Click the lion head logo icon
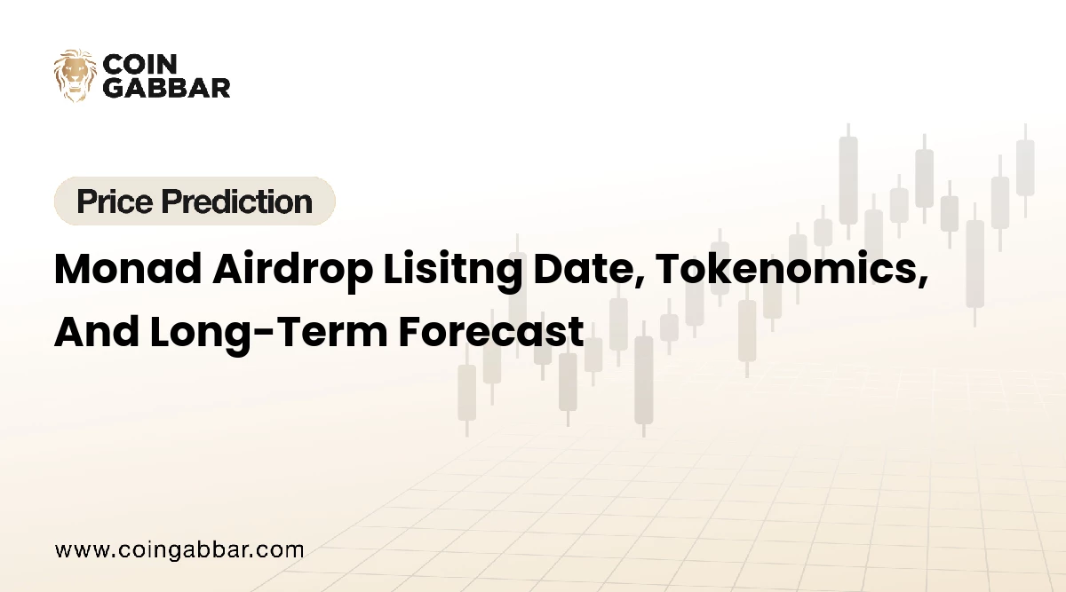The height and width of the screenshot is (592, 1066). tap(75, 75)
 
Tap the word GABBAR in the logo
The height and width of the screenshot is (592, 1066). tap(167, 87)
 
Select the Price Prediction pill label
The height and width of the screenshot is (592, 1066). tap(195, 201)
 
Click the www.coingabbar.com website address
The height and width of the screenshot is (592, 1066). tap(179, 549)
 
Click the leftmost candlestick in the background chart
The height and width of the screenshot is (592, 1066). tap(466, 391)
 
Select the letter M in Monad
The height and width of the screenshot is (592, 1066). tap(74, 268)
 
